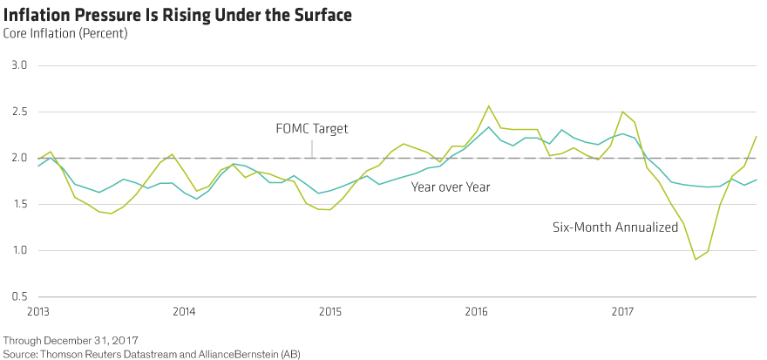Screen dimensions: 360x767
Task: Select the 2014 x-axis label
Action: (x=183, y=311)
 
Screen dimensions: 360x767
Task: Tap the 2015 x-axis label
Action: (x=329, y=311)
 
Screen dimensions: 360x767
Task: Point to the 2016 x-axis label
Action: (x=476, y=311)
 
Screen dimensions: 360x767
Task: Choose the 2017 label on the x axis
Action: (x=622, y=311)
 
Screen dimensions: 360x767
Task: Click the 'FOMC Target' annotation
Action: (x=312, y=128)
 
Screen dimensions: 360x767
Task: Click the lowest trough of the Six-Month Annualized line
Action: (x=696, y=259)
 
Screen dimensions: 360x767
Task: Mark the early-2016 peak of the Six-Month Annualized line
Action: (x=488, y=106)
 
